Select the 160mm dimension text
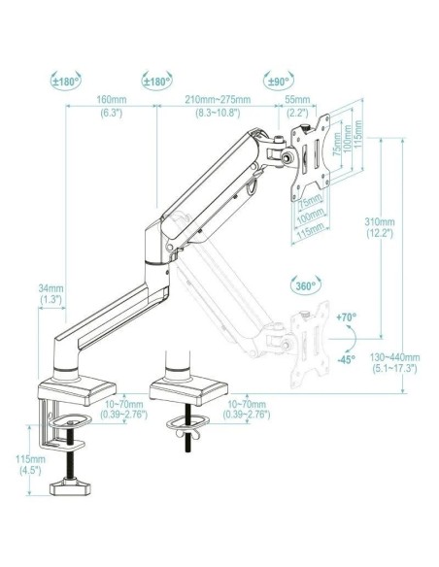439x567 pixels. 111,100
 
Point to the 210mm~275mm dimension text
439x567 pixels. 222,100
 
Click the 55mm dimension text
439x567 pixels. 297,100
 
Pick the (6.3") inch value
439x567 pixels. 111,112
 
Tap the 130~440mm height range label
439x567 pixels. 395,357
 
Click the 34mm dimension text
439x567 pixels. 51,287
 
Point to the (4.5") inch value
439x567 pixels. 31,470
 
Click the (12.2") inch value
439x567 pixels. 380,233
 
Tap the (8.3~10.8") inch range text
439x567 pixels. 222,112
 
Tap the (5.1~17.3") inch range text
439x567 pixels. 395,369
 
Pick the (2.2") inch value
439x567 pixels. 297,112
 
